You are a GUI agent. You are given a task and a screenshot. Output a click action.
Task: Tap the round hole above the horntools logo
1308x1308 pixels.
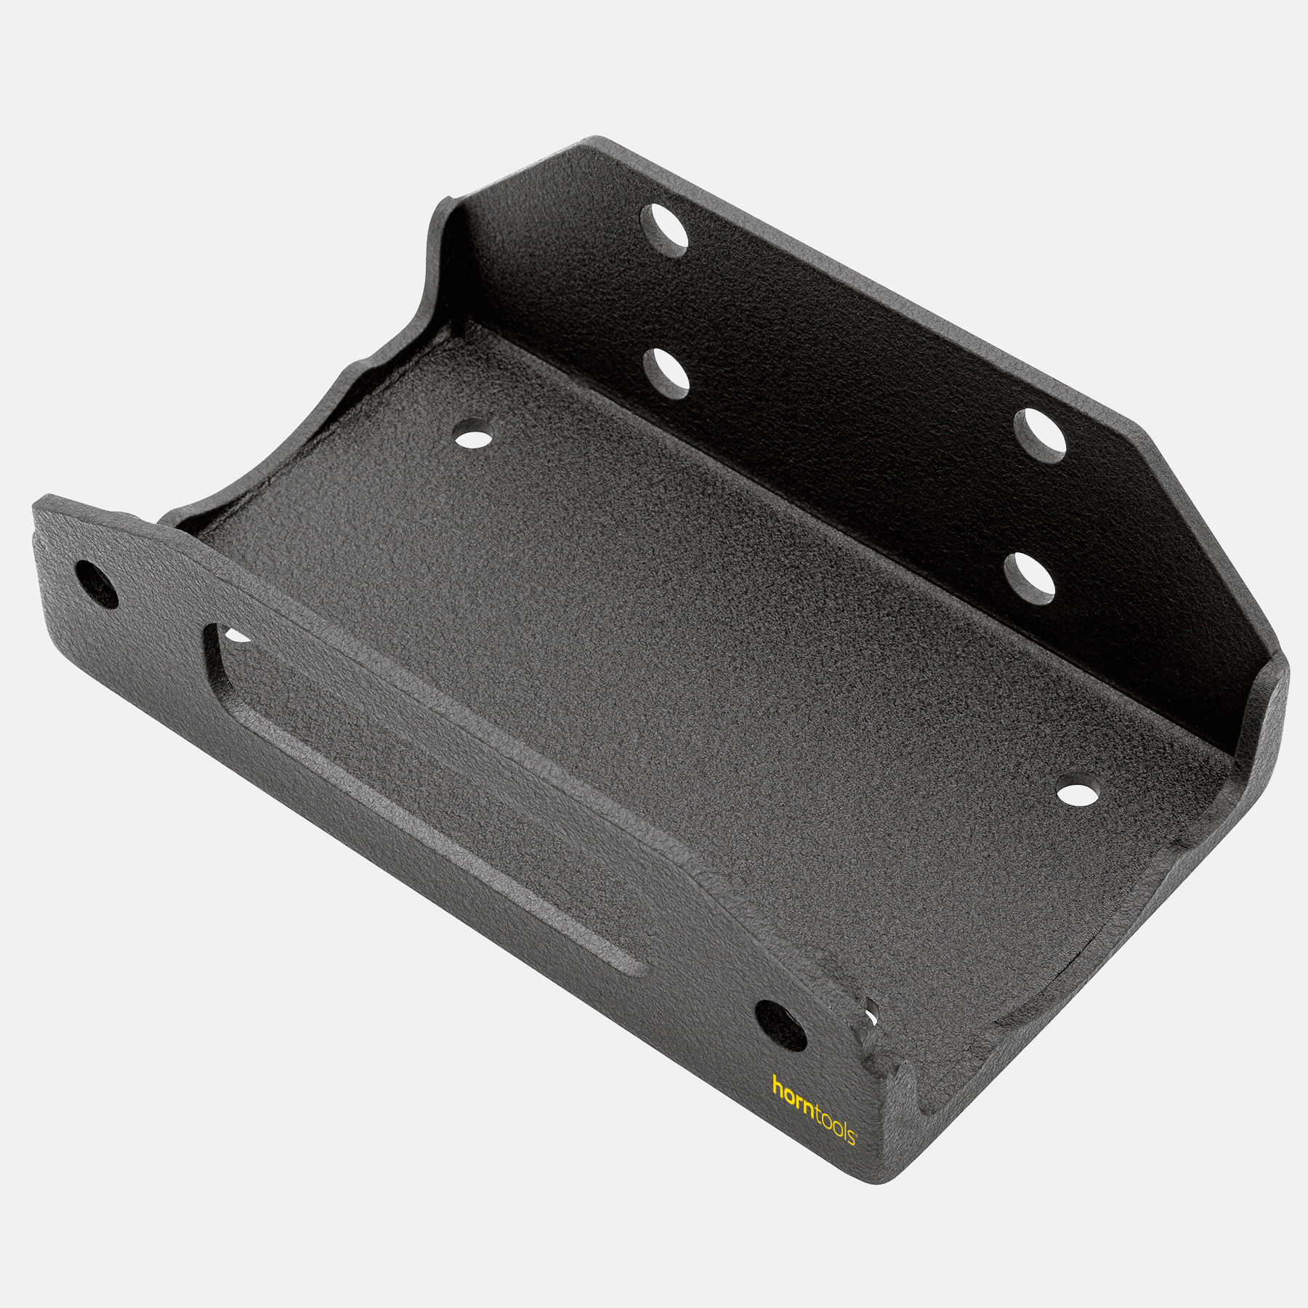point(780,1026)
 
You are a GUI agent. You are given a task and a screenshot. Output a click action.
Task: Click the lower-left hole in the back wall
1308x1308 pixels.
point(666,374)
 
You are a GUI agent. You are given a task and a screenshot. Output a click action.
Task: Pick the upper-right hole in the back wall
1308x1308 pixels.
point(1040,435)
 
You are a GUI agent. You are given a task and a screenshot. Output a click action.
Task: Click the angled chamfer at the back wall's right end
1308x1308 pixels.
point(1206,538)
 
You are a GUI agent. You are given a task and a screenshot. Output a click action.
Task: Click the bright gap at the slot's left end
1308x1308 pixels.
point(237,637)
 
